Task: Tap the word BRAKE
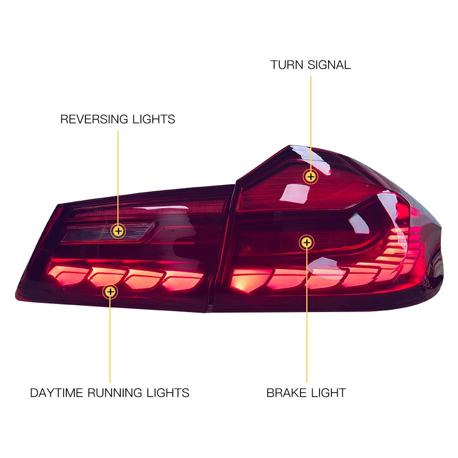285,393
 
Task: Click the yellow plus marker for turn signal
311,176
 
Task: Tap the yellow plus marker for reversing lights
118,231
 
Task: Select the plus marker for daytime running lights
109,292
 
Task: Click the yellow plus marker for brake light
307,243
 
